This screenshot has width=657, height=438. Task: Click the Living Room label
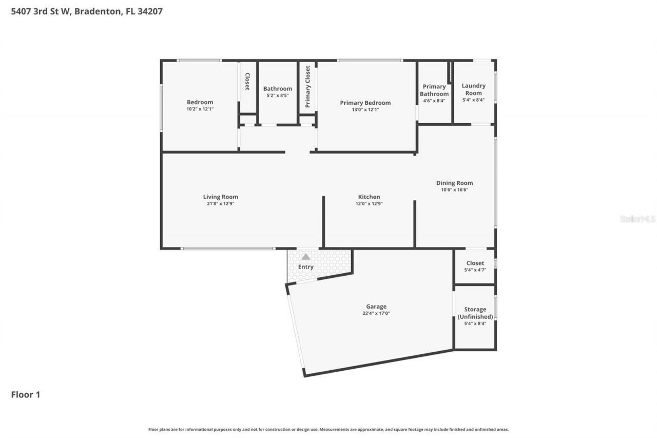pos(220,197)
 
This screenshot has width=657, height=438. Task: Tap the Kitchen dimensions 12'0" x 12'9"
pos(369,204)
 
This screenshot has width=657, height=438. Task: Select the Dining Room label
pos(454,183)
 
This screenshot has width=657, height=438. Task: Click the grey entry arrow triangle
pos(305,257)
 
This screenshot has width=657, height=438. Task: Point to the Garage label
pos(376,307)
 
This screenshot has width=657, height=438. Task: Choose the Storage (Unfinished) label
pos(475,313)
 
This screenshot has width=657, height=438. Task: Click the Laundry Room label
pos(473,89)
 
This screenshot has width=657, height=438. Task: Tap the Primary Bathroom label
pos(434,90)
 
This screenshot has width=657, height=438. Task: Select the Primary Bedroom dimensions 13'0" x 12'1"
pos(365,109)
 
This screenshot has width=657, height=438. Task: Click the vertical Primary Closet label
pos(307,86)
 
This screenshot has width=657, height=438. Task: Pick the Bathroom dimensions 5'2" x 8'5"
pos(278,96)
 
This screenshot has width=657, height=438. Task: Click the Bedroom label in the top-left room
pos(200,102)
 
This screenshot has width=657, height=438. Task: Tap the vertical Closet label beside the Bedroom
pos(247,82)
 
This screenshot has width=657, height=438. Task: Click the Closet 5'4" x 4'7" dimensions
pos(475,270)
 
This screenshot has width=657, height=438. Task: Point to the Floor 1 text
pos(26,394)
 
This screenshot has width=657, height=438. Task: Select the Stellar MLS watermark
pos(637,219)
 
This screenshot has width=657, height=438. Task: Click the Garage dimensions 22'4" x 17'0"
pos(376,313)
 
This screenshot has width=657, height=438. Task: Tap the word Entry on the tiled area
pos(305,267)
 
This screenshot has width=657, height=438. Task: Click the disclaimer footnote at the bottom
pos(328,429)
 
